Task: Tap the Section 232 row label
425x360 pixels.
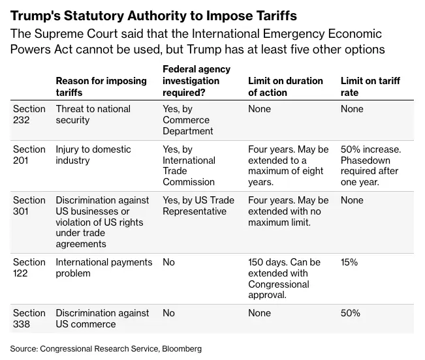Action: click(x=29, y=114)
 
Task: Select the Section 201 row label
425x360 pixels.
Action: click(x=29, y=155)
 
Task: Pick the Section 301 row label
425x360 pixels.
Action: click(x=29, y=205)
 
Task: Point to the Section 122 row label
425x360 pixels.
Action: click(x=29, y=267)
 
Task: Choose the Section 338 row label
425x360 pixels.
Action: click(x=29, y=318)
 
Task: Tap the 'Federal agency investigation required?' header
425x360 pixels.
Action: click(x=196, y=80)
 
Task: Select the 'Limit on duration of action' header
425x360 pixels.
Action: click(x=285, y=86)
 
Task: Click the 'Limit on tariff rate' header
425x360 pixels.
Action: click(x=370, y=86)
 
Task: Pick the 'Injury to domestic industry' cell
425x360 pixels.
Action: click(x=93, y=155)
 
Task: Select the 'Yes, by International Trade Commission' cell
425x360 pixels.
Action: click(x=189, y=166)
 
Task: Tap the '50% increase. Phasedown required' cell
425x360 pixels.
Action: click(x=371, y=166)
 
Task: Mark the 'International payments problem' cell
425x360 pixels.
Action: click(x=104, y=267)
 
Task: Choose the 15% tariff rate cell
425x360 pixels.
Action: click(x=350, y=262)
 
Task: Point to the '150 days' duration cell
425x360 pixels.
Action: click(x=284, y=278)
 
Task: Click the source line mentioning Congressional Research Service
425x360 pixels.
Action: click(x=106, y=349)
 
